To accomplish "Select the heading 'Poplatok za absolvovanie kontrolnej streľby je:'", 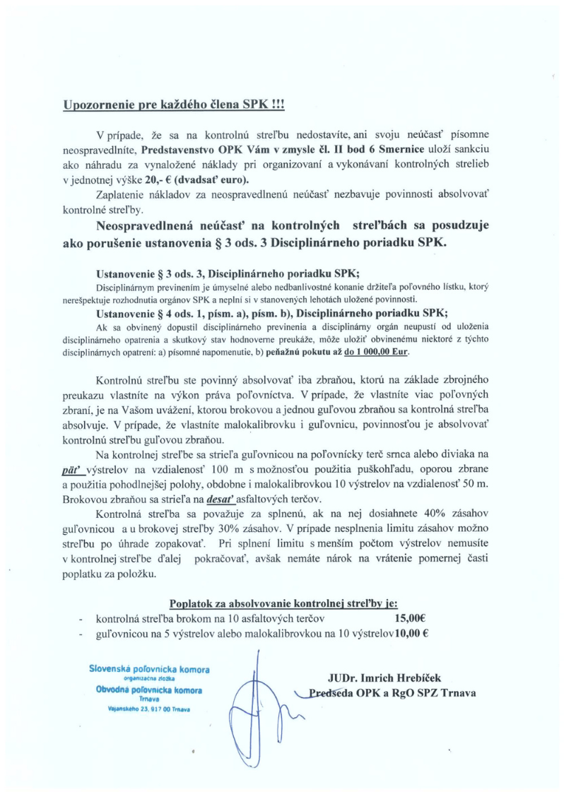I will point(283,603).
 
